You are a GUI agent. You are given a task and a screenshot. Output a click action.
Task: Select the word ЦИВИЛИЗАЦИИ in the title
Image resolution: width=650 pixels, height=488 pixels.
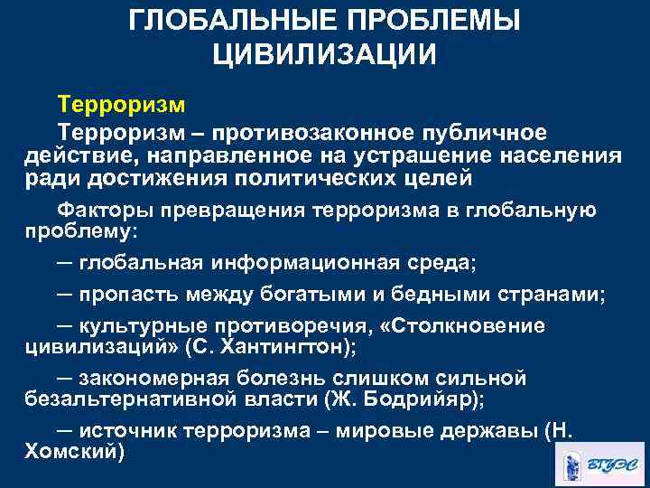pyautogui.click(x=325, y=53)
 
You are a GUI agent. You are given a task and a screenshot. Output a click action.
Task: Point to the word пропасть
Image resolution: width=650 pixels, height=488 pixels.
pyautogui.click(x=127, y=295)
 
